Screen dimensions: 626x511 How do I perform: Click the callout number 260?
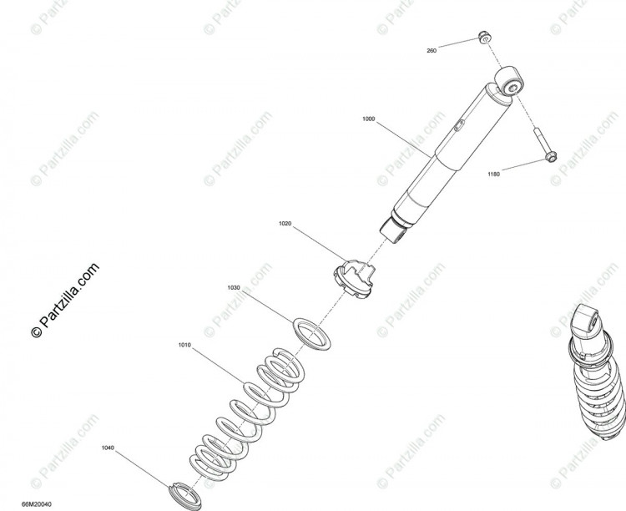coord(432,51)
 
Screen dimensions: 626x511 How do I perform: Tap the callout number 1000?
coord(368,119)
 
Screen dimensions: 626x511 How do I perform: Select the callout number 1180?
coord(494,175)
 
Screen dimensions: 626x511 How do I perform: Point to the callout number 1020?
coord(285,223)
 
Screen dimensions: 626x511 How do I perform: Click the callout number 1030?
coord(234,287)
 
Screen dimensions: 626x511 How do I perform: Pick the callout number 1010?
coord(184,345)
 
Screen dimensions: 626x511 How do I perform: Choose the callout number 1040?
coord(108,448)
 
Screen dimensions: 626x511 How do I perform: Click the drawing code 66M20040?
coord(37,504)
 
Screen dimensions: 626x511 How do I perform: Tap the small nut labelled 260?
coord(485,38)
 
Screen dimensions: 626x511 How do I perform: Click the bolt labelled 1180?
coord(545,145)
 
